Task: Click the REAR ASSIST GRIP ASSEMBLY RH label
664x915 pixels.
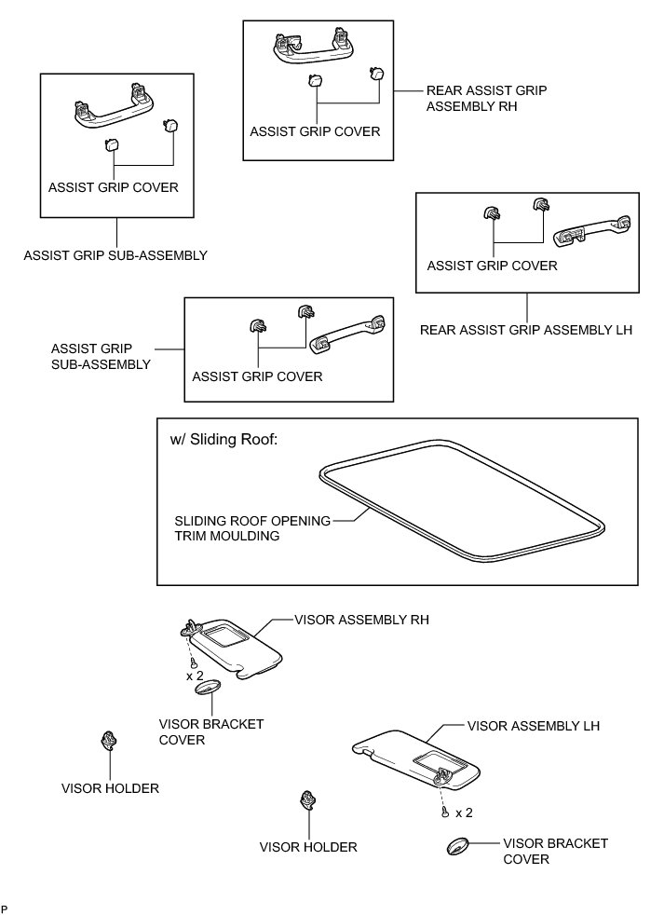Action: click(x=485, y=99)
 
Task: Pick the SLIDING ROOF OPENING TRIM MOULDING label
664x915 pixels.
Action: click(x=251, y=528)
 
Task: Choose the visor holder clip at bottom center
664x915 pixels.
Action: click(x=306, y=802)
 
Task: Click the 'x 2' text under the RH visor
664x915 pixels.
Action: click(x=195, y=675)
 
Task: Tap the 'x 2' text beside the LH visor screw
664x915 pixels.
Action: click(x=463, y=813)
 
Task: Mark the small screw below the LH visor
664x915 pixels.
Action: click(x=446, y=813)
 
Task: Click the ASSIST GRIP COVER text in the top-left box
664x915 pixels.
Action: click(x=113, y=186)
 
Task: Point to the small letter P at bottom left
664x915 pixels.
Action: click(x=6, y=907)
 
